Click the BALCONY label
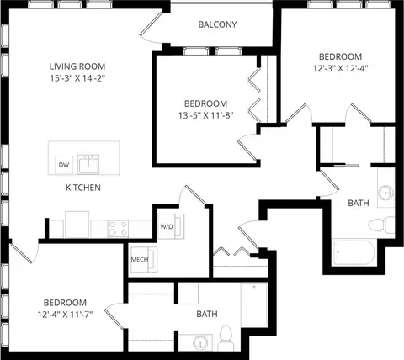point(217,24)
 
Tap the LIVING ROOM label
point(77,66)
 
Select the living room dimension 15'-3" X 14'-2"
point(77,78)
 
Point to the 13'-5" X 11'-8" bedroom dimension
point(206,115)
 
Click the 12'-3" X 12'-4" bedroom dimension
point(340,68)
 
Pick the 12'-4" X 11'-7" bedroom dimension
point(65,315)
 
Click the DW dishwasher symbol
point(64,165)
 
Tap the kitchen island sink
point(88,164)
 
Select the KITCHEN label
point(83,188)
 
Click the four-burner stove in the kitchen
point(118,229)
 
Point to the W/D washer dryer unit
point(171,226)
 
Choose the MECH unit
point(144,259)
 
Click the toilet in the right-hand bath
point(381,225)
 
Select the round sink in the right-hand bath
point(385,193)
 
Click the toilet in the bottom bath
point(226,338)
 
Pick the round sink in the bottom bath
point(200,343)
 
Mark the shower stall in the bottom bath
point(254,304)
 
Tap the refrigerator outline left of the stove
point(77,225)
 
